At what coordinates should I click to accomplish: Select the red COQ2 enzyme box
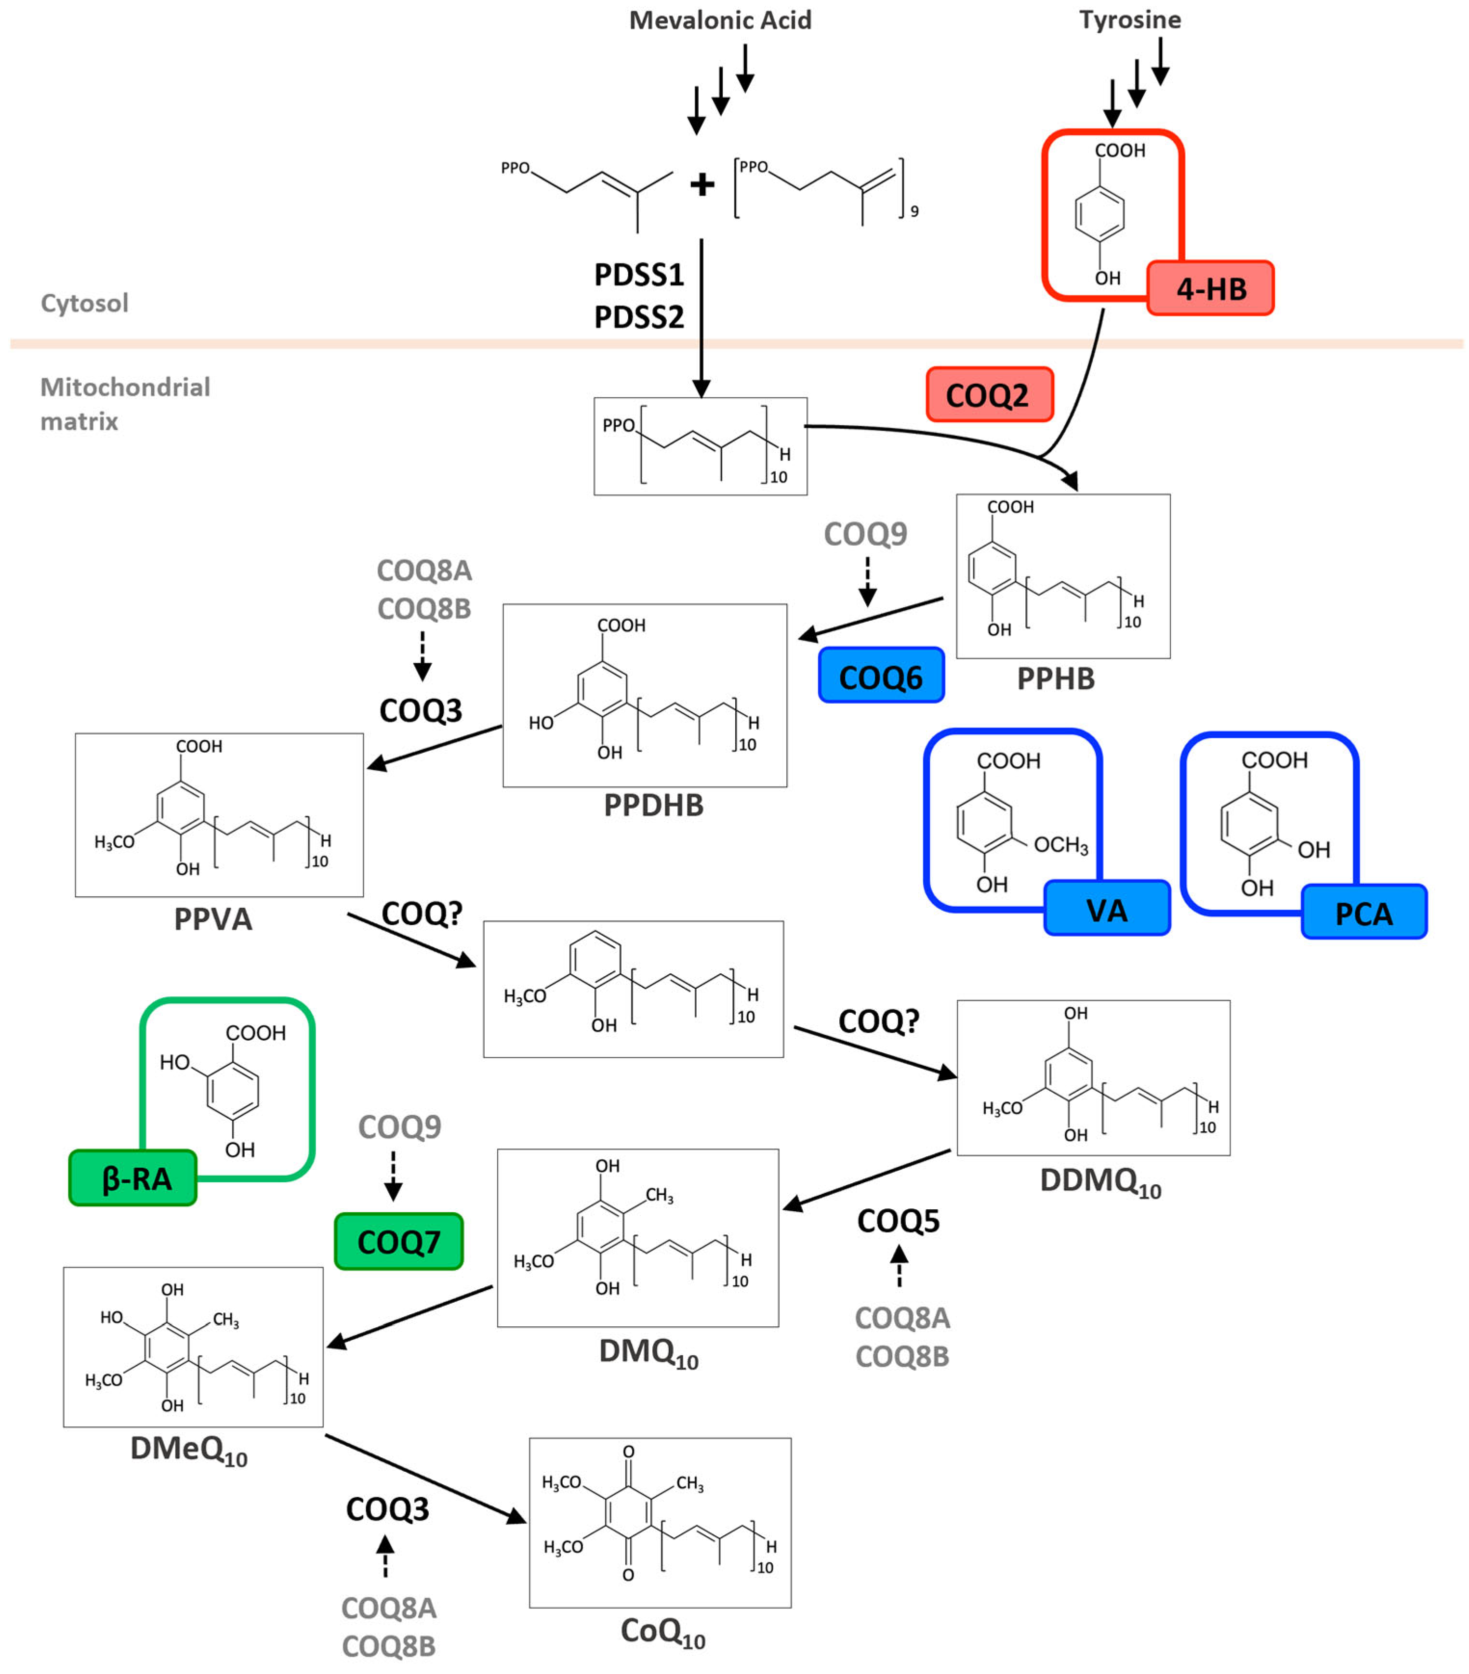989,395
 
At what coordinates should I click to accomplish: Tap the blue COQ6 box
881,677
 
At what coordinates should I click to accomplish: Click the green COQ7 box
398,1242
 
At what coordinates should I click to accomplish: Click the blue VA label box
1106,909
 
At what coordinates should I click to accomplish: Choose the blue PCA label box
1363,912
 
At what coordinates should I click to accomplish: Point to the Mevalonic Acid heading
719,21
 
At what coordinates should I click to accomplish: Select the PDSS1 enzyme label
639,275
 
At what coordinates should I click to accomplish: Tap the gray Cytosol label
84,303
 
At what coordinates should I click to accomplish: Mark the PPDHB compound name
653,805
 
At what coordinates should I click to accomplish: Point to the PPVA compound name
213,919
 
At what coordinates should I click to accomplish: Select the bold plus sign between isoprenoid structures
701,184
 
